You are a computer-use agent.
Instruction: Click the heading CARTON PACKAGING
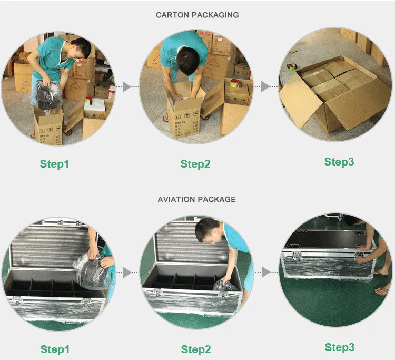tap(197, 15)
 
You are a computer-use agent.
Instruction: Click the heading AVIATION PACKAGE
tap(196, 199)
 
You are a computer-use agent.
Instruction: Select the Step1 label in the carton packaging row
tap(54, 164)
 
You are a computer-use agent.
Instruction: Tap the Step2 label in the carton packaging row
tap(195, 164)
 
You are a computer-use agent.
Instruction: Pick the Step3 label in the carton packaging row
tap(339, 162)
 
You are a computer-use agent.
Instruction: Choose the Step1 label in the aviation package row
tap(55, 349)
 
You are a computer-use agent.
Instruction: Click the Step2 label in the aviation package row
tap(196, 349)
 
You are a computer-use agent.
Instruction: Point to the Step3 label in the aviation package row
tap(339, 347)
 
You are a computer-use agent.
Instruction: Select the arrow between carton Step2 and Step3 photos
tap(266, 86)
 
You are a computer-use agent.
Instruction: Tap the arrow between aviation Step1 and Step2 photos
tap(126, 273)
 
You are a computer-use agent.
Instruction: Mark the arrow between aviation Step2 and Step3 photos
tap(266, 272)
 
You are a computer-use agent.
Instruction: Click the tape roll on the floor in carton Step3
tap(291, 67)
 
